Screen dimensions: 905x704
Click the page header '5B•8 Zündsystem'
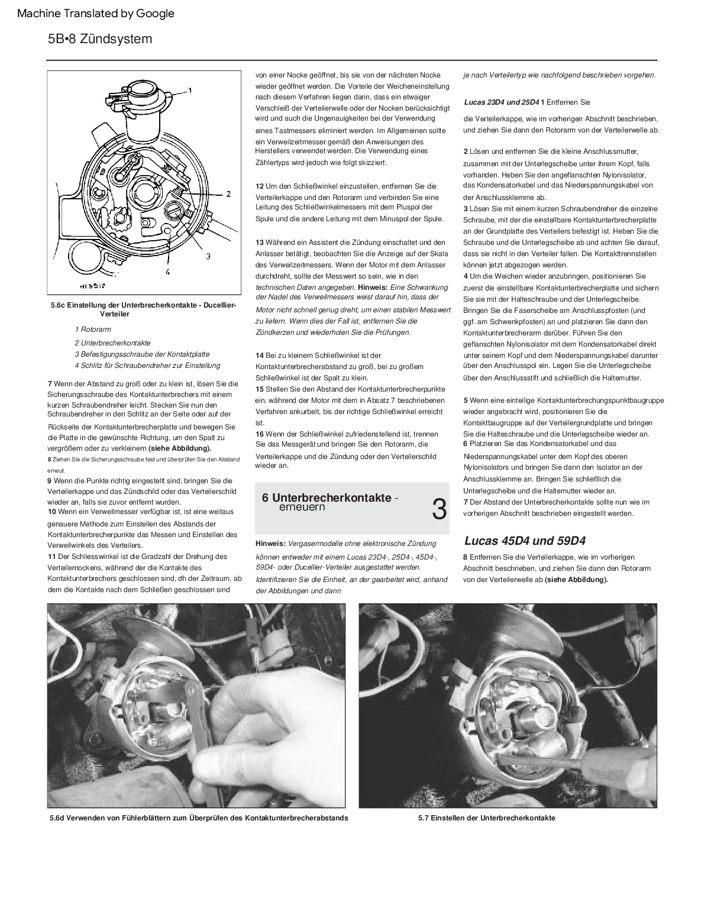100,39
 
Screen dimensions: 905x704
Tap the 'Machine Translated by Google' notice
96,13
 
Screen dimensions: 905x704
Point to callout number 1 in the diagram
190,90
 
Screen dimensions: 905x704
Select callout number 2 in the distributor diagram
228,193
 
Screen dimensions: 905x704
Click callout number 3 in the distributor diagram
208,256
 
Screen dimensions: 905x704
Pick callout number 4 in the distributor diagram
167,271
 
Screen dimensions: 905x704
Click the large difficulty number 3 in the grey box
438,509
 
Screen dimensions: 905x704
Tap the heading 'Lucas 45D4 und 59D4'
525,541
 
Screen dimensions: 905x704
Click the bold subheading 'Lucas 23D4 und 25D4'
501,102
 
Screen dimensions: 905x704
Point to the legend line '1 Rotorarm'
93,329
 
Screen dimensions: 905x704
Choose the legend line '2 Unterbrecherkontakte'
112,343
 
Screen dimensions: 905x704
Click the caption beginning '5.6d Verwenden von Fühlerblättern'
199,818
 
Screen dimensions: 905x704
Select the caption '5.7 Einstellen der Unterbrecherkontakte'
486,818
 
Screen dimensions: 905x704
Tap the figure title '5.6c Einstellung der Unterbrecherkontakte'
144,305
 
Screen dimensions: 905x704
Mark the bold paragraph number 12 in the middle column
259,186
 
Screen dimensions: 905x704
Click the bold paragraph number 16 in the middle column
259,434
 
